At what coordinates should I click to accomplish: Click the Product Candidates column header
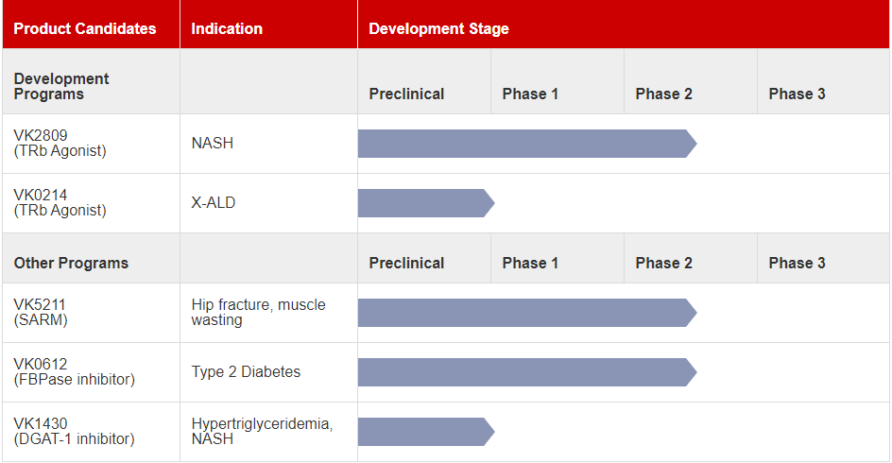point(85,28)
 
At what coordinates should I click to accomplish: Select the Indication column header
point(227,28)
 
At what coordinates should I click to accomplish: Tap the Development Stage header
point(438,28)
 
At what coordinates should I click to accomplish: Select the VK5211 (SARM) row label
point(41,312)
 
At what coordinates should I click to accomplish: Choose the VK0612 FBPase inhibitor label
point(74,371)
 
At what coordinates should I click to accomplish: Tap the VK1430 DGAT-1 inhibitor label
point(74,431)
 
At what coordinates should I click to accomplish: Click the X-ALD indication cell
point(214,202)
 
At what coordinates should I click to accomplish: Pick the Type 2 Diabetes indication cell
point(246,371)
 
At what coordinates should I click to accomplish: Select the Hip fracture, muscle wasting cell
point(258,312)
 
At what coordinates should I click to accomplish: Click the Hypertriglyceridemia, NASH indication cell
point(262,431)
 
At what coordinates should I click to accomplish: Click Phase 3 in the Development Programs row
point(797,94)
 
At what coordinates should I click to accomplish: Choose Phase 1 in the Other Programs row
point(530,263)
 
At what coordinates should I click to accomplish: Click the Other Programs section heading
point(71,263)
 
